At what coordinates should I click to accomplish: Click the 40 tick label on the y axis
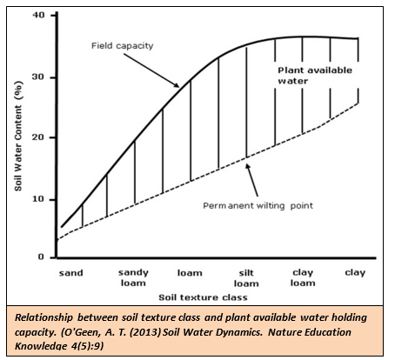[x=37, y=15]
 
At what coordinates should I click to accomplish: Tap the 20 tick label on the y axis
[x=37, y=138]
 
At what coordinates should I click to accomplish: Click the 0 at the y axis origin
[x=40, y=257]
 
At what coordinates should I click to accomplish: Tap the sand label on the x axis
[x=70, y=273]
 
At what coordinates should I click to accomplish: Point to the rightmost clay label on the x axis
[x=355, y=273]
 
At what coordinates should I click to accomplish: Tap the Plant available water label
[x=305, y=75]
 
